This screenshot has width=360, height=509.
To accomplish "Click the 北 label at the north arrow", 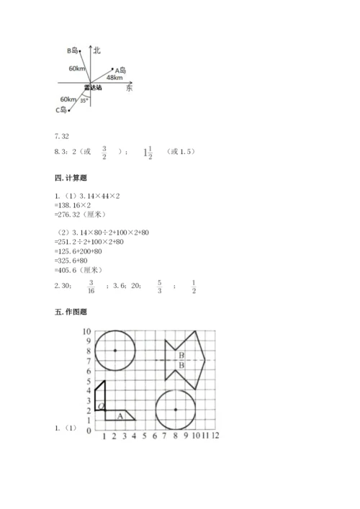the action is coord(96,50).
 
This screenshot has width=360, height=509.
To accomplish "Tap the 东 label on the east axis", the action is coord(129,87).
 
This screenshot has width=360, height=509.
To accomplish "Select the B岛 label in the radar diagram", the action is coord(73,50).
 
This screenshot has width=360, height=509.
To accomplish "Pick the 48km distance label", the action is coord(114,78).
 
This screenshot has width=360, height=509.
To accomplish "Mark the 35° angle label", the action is coord(84,101).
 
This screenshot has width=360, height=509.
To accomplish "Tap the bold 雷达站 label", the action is coord(92,87).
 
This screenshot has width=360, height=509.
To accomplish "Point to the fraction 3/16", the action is coord(91,287).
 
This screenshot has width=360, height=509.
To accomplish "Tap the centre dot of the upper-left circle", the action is coord(115,351).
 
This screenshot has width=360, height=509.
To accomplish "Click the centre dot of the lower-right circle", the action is coord(175,410).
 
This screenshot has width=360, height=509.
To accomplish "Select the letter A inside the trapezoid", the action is coord(120,415).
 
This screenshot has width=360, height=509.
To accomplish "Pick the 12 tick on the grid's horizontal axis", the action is coord(215,436).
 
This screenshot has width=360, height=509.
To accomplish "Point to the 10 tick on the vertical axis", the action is coord(87,331).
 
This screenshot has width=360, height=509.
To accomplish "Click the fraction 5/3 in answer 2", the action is coord(160,287).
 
